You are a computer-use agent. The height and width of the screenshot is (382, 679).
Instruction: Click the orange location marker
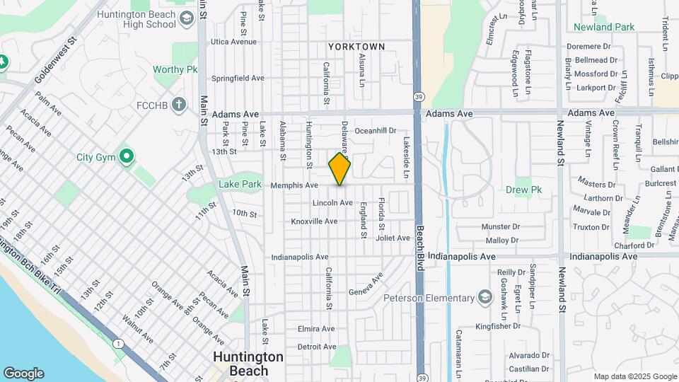tap(339, 168)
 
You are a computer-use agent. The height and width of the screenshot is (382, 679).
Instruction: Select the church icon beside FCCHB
tap(180, 105)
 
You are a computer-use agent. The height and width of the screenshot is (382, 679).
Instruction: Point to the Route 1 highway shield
tap(117, 343)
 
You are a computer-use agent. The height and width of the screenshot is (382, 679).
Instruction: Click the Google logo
tap(23, 374)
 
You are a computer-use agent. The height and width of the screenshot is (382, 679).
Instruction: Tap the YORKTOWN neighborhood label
tap(356, 47)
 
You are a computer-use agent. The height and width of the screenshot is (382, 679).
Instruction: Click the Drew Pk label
tap(523, 190)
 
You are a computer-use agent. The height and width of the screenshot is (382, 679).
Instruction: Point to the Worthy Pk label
tap(175, 70)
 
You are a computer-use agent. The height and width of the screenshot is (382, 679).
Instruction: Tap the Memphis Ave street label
tap(294, 185)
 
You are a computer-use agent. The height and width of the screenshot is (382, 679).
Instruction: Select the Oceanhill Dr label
tap(376, 130)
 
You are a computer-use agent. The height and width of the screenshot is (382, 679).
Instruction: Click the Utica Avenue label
tap(233, 42)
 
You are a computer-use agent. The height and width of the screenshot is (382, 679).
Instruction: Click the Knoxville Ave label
tap(314, 221)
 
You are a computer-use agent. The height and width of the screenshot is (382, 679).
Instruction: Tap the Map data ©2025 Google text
tap(634, 376)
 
